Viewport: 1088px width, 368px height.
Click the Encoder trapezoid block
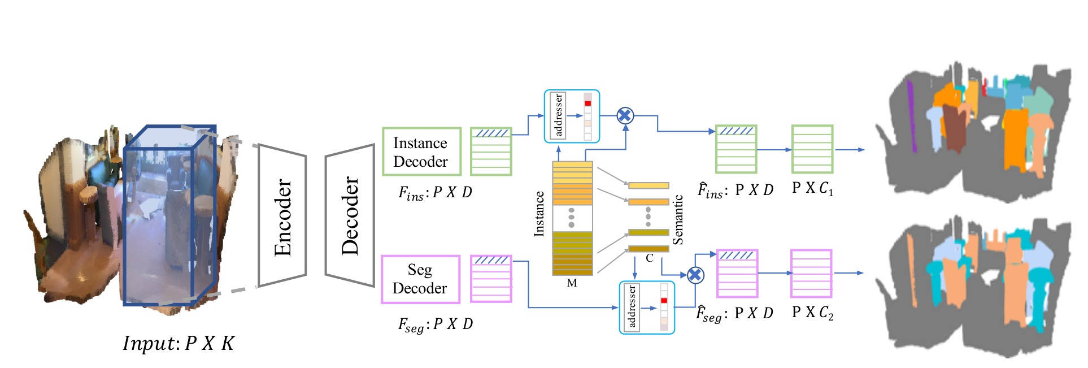point(282,215)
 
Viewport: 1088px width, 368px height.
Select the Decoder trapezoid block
point(350,215)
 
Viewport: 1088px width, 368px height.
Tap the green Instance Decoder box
point(421,151)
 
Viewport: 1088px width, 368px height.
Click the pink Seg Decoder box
point(420,279)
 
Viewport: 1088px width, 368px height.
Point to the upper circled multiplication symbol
point(625,116)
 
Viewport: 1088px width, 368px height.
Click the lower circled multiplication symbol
point(695,275)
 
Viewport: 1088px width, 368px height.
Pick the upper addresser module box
point(571,116)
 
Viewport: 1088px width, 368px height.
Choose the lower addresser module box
point(646,308)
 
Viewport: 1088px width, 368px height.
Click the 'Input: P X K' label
point(178,343)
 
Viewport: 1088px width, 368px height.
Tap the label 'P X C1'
point(812,188)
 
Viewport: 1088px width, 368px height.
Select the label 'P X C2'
point(812,313)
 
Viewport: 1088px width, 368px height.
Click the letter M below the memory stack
point(572,283)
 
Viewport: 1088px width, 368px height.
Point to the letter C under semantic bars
point(650,258)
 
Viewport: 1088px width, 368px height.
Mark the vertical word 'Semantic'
point(678,219)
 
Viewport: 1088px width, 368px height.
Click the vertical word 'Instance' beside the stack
point(539,214)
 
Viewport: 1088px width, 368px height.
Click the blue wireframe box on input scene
point(169,215)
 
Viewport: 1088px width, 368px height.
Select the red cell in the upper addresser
point(587,103)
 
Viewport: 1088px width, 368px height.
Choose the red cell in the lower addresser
point(664,300)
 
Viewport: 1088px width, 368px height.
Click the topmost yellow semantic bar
point(649,185)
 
